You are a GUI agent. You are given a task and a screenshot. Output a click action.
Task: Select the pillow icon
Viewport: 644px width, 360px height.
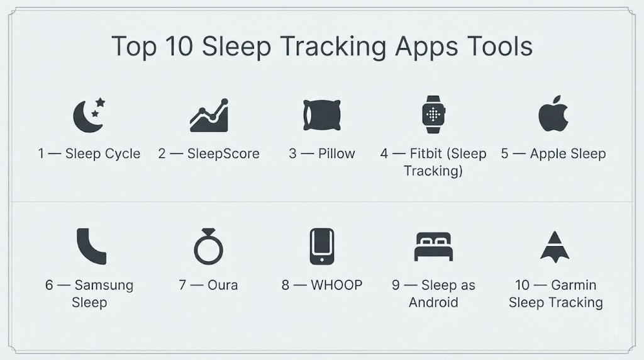click(322, 115)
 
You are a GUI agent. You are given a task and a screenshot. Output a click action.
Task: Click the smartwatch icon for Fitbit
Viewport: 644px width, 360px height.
click(433, 115)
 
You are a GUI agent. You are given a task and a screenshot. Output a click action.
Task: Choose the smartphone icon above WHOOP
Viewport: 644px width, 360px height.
click(321, 247)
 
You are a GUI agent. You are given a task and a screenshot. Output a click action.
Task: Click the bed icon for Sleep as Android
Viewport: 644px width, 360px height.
click(433, 247)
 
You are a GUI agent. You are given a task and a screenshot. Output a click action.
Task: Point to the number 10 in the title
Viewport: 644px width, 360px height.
click(179, 46)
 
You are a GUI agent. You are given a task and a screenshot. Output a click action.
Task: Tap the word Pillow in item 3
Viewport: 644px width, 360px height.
click(336, 154)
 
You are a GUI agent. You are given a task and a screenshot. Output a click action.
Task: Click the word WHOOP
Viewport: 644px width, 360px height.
click(336, 285)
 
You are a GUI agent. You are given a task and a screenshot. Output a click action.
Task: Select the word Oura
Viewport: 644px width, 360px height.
click(223, 285)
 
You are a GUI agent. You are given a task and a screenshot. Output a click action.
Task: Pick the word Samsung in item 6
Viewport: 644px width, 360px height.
click(104, 285)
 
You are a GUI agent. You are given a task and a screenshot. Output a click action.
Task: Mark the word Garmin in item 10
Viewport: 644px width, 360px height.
click(574, 285)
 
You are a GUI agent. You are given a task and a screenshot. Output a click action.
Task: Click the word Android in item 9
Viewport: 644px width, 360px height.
click(433, 302)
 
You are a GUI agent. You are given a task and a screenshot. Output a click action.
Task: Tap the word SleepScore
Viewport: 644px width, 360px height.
click(223, 154)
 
